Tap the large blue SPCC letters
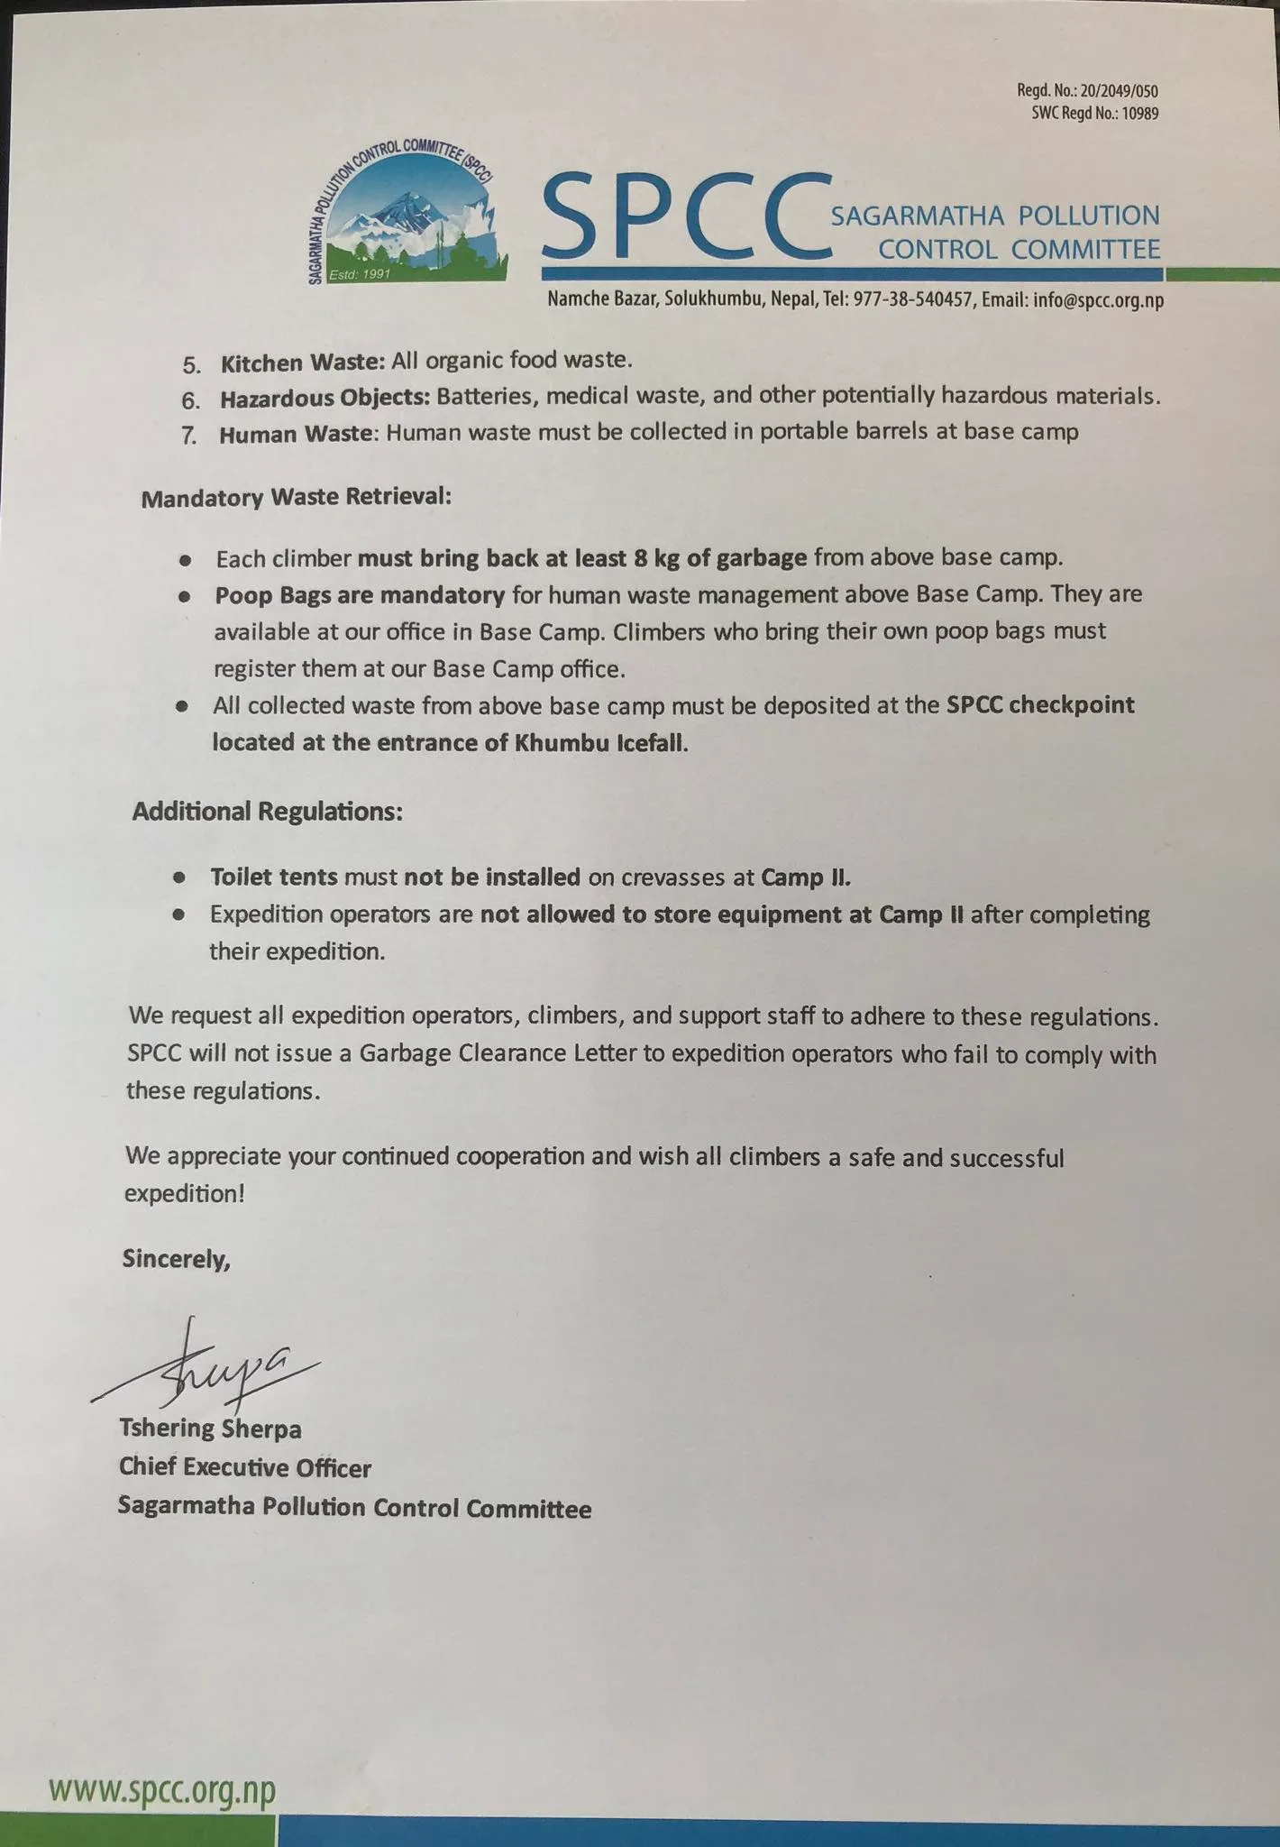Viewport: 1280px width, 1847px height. click(685, 216)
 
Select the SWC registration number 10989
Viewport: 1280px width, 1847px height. click(1139, 114)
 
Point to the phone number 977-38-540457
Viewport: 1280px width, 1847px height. click(911, 300)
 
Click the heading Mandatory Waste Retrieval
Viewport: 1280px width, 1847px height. click(297, 498)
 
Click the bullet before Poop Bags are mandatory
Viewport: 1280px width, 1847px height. click(185, 597)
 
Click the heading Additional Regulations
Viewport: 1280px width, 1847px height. click(267, 812)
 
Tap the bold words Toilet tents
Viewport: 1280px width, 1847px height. click(274, 877)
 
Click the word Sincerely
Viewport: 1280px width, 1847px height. click(177, 1259)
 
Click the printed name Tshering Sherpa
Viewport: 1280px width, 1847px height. click(210, 1429)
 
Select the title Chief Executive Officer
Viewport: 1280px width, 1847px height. click(244, 1468)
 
